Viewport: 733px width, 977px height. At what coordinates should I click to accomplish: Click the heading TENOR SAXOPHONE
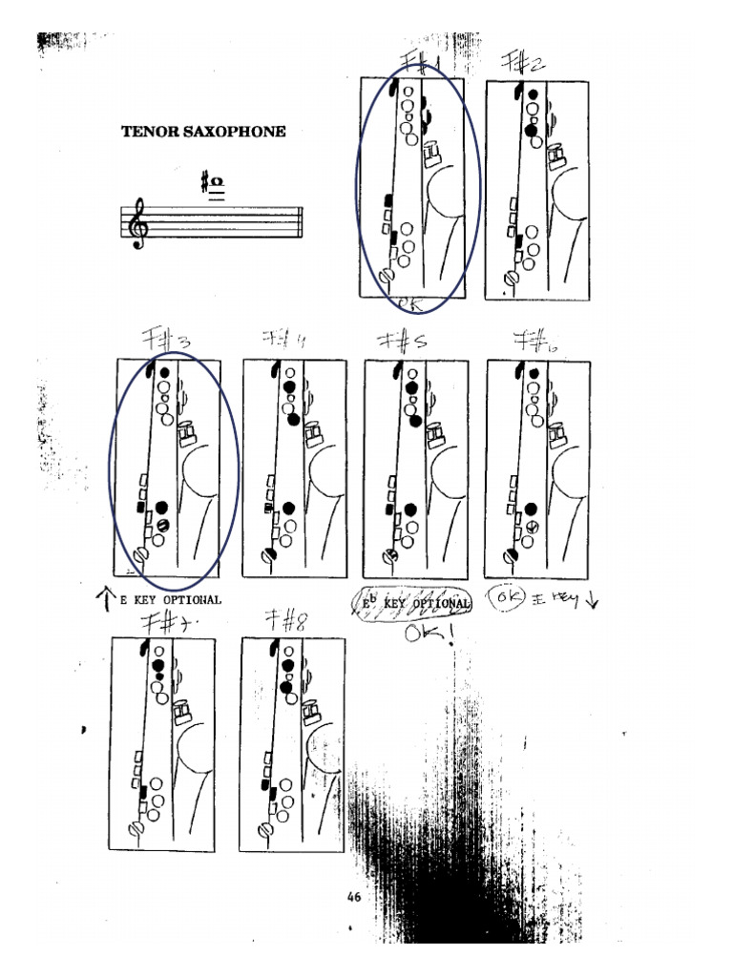coord(202,132)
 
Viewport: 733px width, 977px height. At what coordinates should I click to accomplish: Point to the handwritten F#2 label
coord(523,63)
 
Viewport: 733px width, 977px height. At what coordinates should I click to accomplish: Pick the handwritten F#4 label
coord(283,339)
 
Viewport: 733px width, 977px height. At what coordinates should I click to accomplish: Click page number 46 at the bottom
coord(354,897)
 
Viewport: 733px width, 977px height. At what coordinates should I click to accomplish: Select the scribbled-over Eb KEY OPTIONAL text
coord(412,602)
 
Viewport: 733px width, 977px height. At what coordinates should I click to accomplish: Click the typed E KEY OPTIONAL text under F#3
coord(170,600)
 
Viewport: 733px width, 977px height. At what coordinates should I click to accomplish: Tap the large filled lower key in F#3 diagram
coord(161,507)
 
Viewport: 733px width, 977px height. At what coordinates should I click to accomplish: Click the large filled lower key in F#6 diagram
coord(532,508)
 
